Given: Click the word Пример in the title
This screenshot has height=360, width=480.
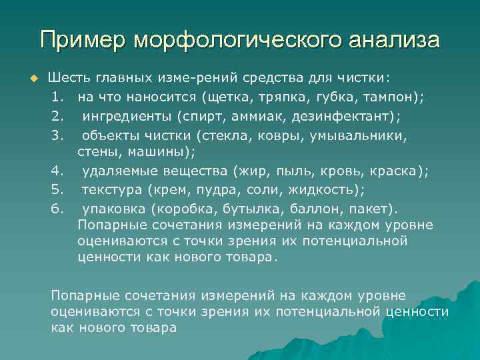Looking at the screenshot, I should (83, 39).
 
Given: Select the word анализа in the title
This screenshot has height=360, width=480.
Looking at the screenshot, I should (396, 39).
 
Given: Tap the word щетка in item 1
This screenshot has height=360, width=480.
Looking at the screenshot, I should (229, 97).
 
